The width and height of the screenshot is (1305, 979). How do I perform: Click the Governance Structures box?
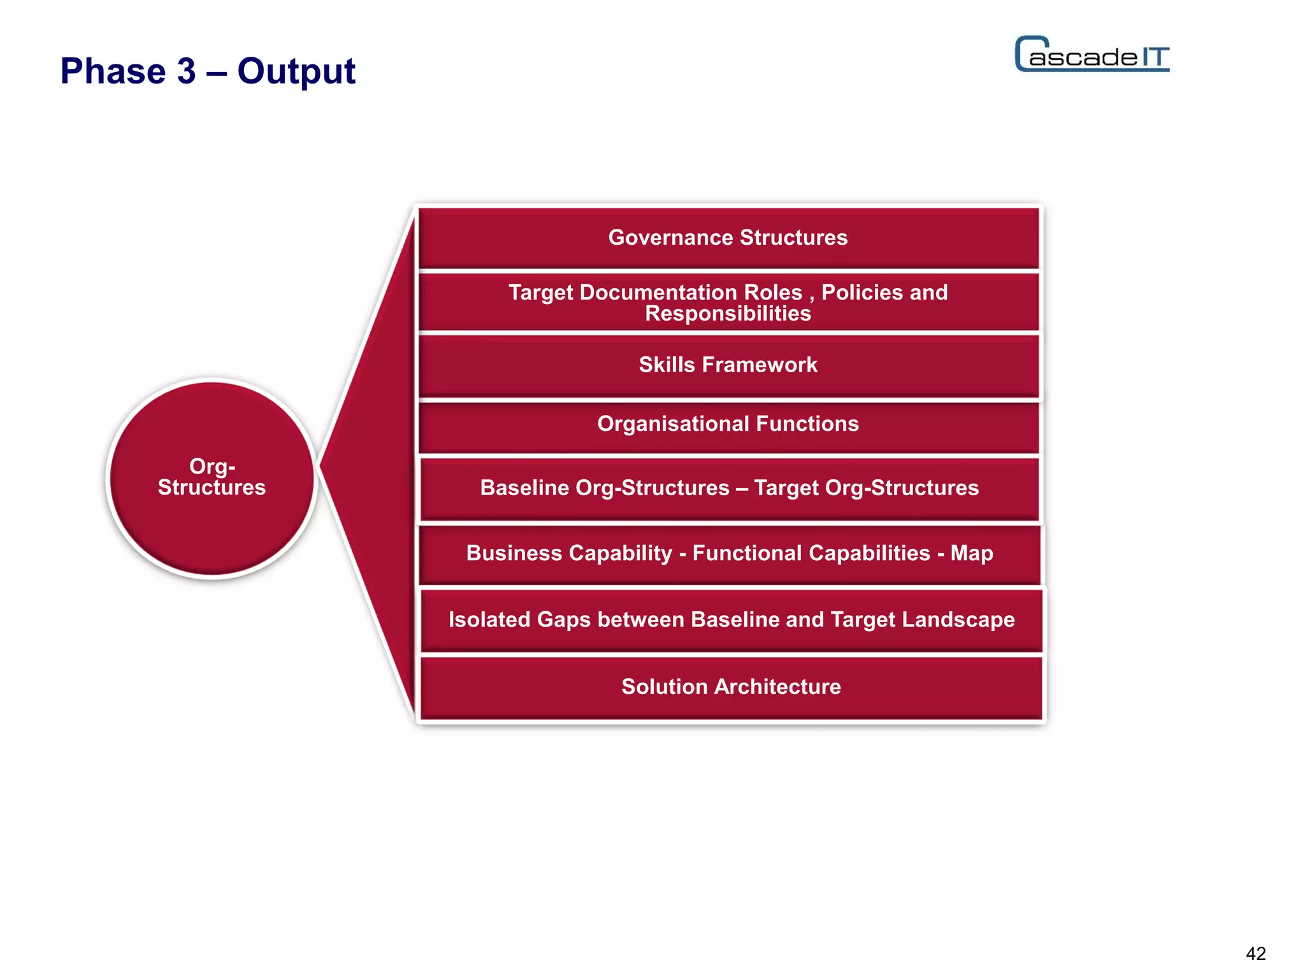(x=728, y=238)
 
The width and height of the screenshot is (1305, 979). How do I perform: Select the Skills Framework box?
(x=728, y=365)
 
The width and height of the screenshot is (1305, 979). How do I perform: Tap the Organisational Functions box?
(x=728, y=424)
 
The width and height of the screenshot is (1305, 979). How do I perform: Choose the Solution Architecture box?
(x=731, y=687)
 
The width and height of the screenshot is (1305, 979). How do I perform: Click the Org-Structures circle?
(x=212, y=478)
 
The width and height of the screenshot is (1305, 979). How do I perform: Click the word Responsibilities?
(x=728, y=314)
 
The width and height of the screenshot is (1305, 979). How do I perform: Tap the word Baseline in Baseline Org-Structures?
(x=524, y=488)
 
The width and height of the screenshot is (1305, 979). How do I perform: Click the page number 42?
(x=1255, y=954)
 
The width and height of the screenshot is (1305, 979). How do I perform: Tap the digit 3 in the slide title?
(x=186, y=71)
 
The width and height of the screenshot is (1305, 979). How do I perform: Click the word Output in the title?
(x=296, y=71)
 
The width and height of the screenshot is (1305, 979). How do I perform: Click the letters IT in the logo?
(x=1155, y=57)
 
